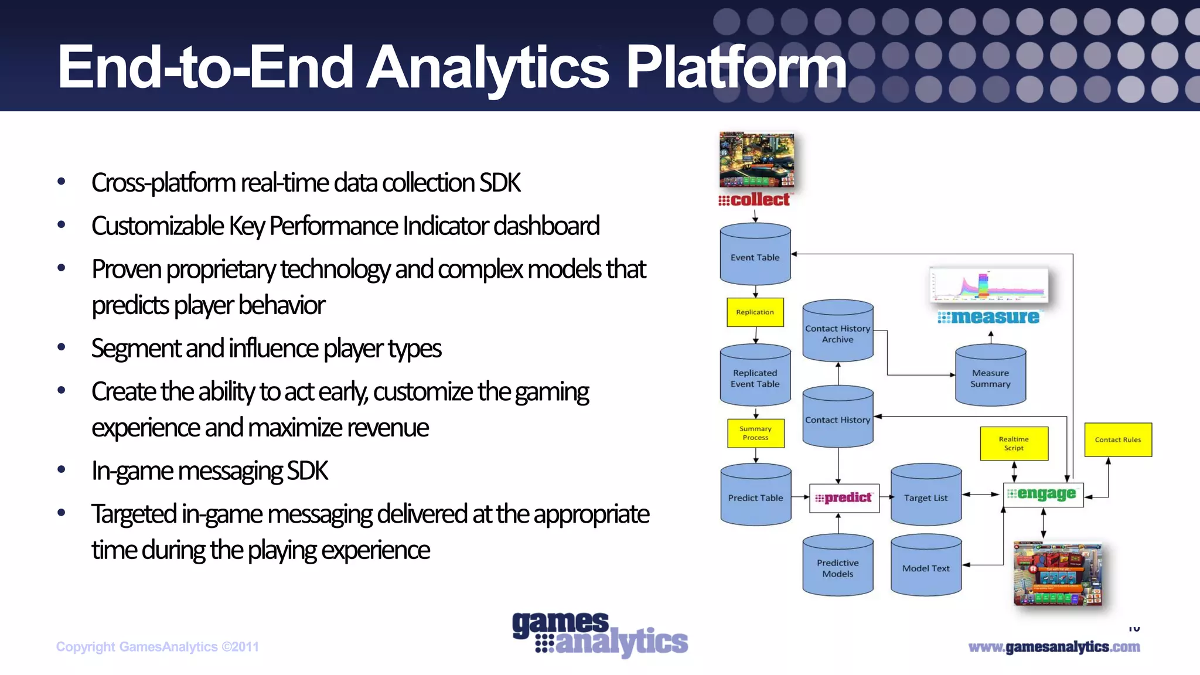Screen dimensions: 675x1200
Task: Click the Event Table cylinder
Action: (x=755, y=255)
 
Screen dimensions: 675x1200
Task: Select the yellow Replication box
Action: (x=755, y=312)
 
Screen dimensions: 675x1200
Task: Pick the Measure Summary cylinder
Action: (x=990, y=377)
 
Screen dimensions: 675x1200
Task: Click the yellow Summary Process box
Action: (x=755, y=434)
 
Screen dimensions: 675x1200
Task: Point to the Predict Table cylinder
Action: (x=755, y=496)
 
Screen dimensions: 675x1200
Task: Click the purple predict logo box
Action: (x=844, y=498)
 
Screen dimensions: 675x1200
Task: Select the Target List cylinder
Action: (x=925, y=496)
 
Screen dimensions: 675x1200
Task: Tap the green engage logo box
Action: (x=1043, y=495)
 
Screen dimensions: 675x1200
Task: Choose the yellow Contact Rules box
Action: (x=1117, y=439)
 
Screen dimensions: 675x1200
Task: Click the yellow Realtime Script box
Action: (x=1014, y=444)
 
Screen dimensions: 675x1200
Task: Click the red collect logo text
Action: (x=756, y=200)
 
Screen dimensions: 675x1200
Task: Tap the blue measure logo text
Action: (x=989, y=317)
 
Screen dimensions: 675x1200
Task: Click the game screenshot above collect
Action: (x=756, y=159)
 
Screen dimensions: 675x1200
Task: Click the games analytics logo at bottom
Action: (x=599, y=635)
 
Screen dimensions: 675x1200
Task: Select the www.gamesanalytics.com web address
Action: (x=1054, y=647)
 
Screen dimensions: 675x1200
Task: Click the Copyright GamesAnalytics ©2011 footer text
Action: (x=157, y=647)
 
